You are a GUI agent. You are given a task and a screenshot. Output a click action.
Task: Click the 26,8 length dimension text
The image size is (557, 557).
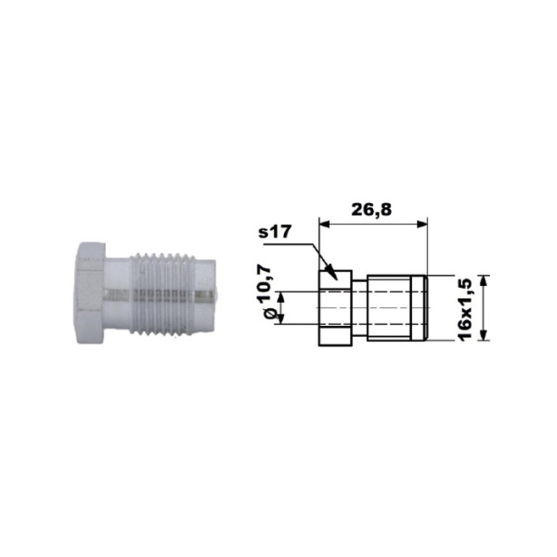(371, 210)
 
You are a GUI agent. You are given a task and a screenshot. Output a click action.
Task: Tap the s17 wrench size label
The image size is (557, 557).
(275, 232)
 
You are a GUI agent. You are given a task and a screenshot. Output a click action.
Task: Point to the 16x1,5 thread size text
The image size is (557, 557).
(465, 309)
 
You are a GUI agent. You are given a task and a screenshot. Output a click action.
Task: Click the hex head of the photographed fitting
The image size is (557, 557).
(91, 292)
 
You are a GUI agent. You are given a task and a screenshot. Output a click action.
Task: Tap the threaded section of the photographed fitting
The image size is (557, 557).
(162, 294)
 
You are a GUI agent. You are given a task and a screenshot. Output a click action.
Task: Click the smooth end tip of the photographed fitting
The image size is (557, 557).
(206, 296)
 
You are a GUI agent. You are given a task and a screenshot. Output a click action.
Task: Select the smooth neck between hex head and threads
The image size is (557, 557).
(118, 295)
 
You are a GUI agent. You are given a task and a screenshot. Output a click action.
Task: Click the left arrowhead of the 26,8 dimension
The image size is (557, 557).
(325, 224)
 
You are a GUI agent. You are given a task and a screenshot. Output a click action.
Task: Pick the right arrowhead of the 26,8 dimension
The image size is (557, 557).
(421, 224)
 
